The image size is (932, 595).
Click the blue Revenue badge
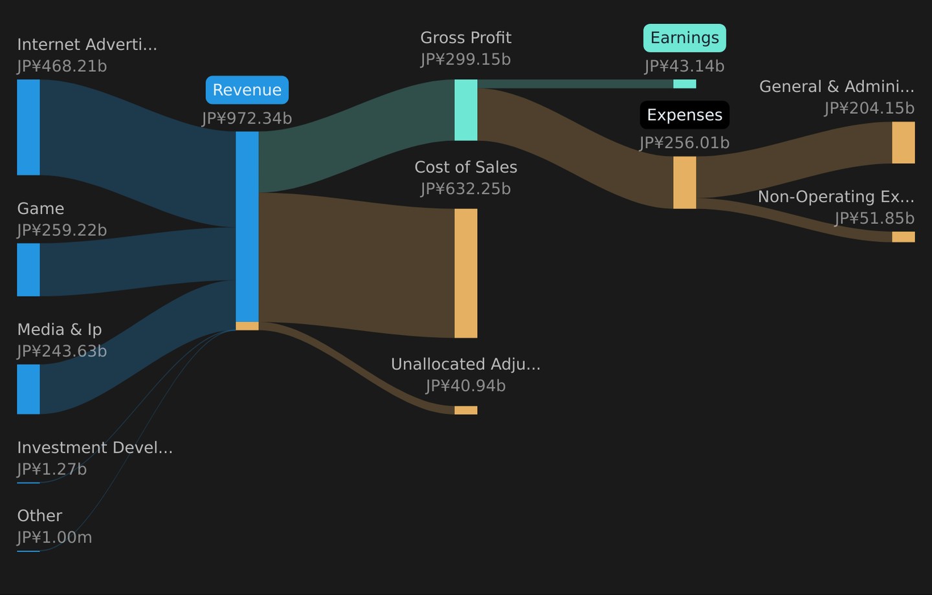click(247, 90)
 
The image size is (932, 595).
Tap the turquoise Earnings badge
click(685, 38)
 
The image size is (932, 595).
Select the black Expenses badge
click(685, 114)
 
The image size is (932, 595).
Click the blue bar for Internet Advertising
click(28, 127)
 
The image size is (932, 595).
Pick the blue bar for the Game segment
click(28, 270)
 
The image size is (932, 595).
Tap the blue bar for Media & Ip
click(28, 389)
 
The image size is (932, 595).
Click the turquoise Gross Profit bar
click(465, 110)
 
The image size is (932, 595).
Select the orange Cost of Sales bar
click(465, 273)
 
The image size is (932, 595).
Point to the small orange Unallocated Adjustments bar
click(465, 411)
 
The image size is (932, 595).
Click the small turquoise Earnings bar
click(685, 84)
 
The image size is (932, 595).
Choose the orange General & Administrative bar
click(904, 143)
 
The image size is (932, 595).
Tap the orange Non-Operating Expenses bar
click(904, 237)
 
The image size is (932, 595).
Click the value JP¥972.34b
click(247, 118)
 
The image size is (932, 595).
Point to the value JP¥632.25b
click(465, 189)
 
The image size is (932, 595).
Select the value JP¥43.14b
click(685, 67)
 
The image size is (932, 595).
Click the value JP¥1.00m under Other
click(54, 537)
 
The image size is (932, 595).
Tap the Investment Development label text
click(95, 448)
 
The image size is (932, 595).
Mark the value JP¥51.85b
click(874, 219)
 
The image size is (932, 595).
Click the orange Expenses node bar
click(685, 182)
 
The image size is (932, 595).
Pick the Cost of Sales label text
click(465, 167)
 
